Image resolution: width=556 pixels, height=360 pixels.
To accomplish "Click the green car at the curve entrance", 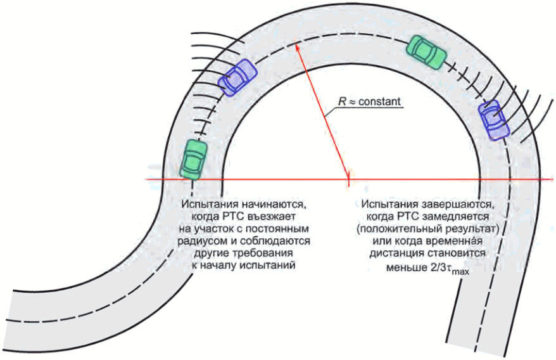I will coord(194,158).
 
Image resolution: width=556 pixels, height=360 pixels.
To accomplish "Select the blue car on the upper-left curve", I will coord(237,77).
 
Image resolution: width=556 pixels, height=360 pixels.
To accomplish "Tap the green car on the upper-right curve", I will coord(426,51).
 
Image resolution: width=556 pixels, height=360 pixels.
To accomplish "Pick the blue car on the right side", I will coord(493,119).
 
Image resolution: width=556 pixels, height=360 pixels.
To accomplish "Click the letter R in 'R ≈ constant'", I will coord(343,101).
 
